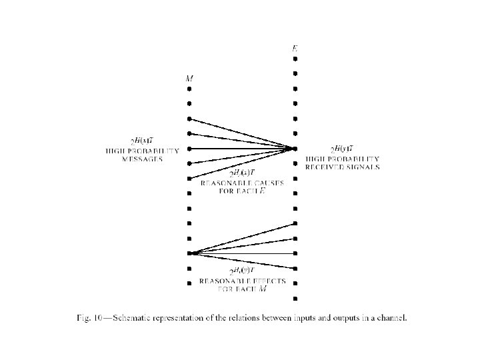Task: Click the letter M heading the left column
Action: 189,79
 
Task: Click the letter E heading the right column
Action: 295,48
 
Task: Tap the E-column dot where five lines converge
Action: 295,148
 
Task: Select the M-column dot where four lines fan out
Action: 189,253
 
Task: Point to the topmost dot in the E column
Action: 295,59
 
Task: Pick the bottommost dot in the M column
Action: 189,283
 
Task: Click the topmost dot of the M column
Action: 189,89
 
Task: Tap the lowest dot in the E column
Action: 295,298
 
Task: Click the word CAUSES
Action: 264,182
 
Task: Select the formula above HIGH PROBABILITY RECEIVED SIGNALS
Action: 342,148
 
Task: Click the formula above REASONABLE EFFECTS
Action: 242,271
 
